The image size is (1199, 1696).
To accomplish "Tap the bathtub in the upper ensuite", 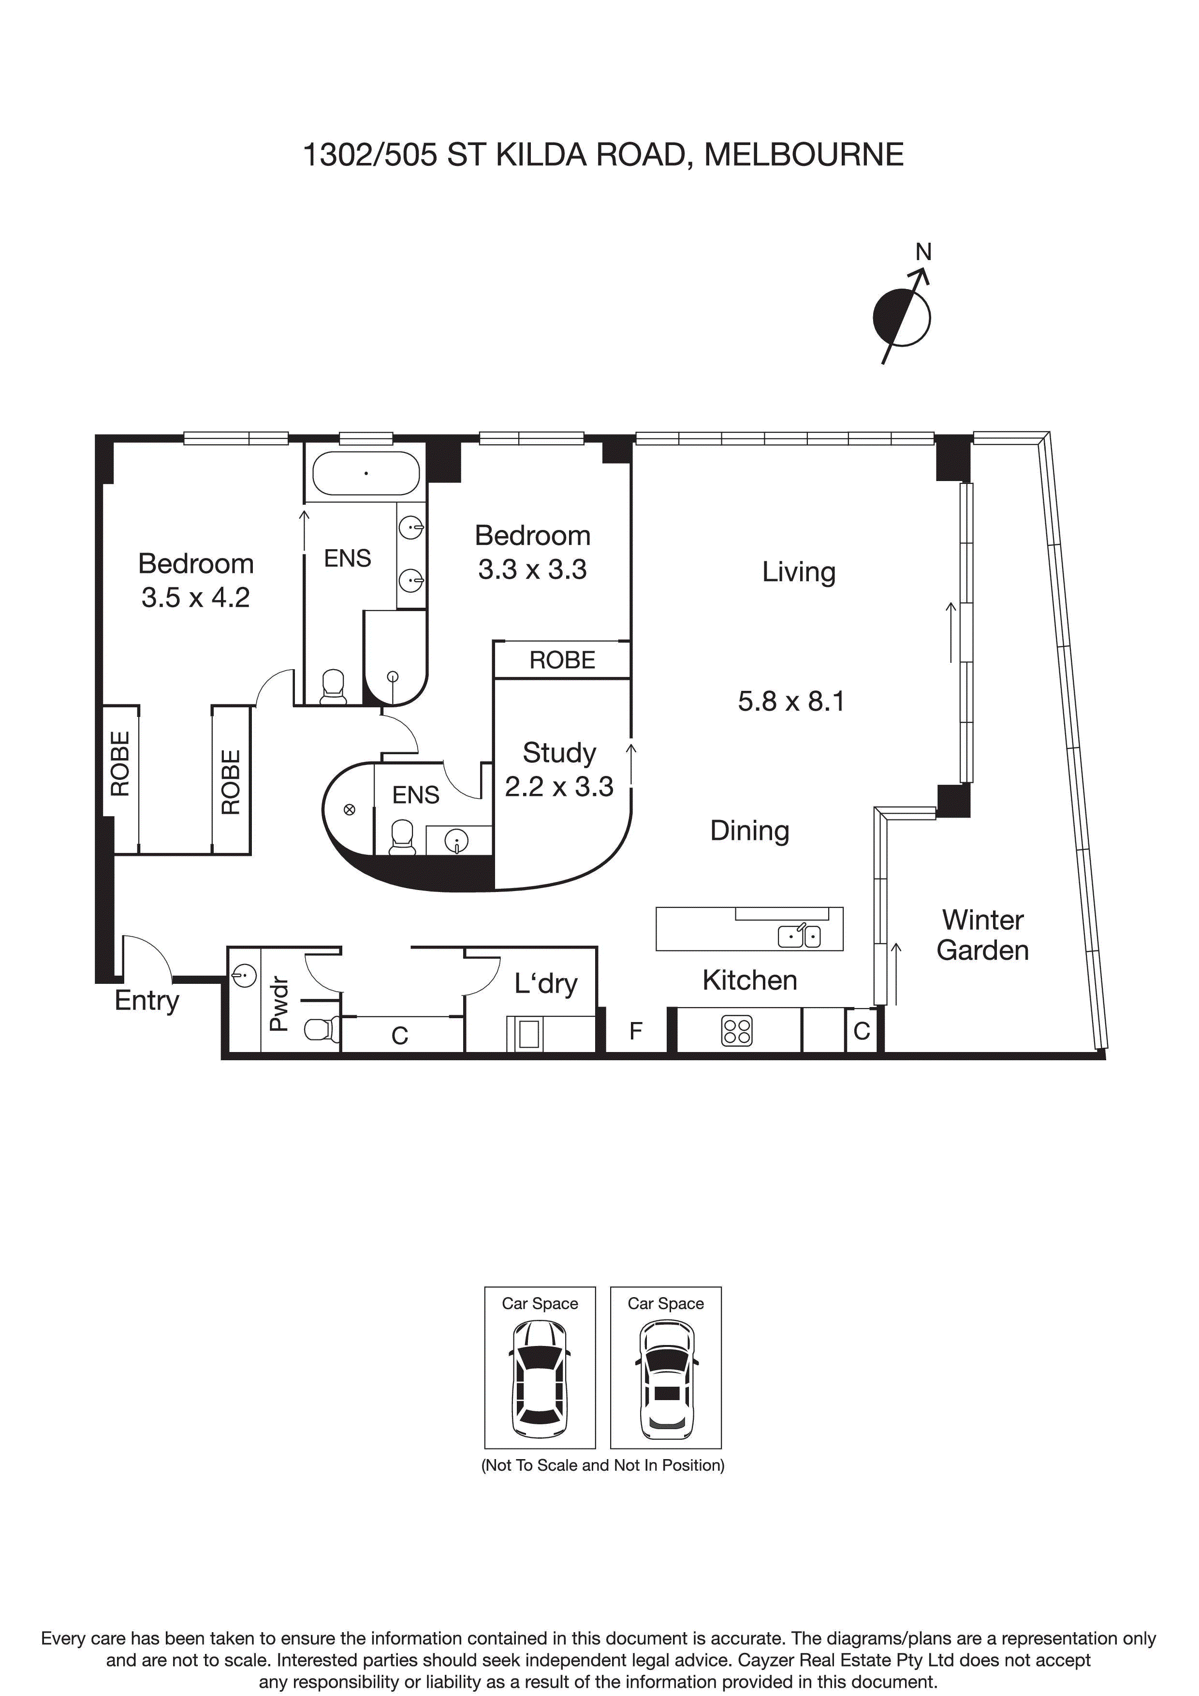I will tap(366, 473).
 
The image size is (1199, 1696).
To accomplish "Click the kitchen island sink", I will tap(799, 936).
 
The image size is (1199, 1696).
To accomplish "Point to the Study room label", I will tap(559, 753).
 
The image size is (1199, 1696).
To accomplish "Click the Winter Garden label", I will tap(982, 935).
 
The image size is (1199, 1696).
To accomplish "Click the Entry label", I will tap(147, 1001).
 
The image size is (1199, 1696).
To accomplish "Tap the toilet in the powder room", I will tap(322, 1028).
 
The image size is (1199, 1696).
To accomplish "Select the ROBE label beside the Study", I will tap(562, 659).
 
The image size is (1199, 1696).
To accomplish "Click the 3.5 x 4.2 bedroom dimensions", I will tap(196, 598).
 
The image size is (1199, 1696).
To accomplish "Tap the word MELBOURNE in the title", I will tap(804, 155).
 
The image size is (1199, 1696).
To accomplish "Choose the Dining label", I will tap(750, 831).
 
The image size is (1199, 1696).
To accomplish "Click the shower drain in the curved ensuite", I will tap(350, 810).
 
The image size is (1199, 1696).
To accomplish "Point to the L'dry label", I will tap(546, 984).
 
